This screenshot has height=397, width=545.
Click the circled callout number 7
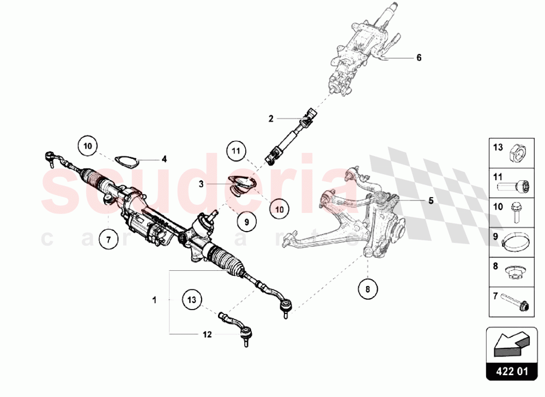[x=108, y=239]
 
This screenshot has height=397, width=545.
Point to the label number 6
[x=419, y=57]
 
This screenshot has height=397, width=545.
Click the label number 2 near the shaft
[x=270, y=118]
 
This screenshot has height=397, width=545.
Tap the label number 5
[x=430, y=200]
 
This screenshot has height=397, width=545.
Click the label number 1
[x=154, y=300]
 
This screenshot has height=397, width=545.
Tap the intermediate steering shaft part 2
[x=288, y=138]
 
